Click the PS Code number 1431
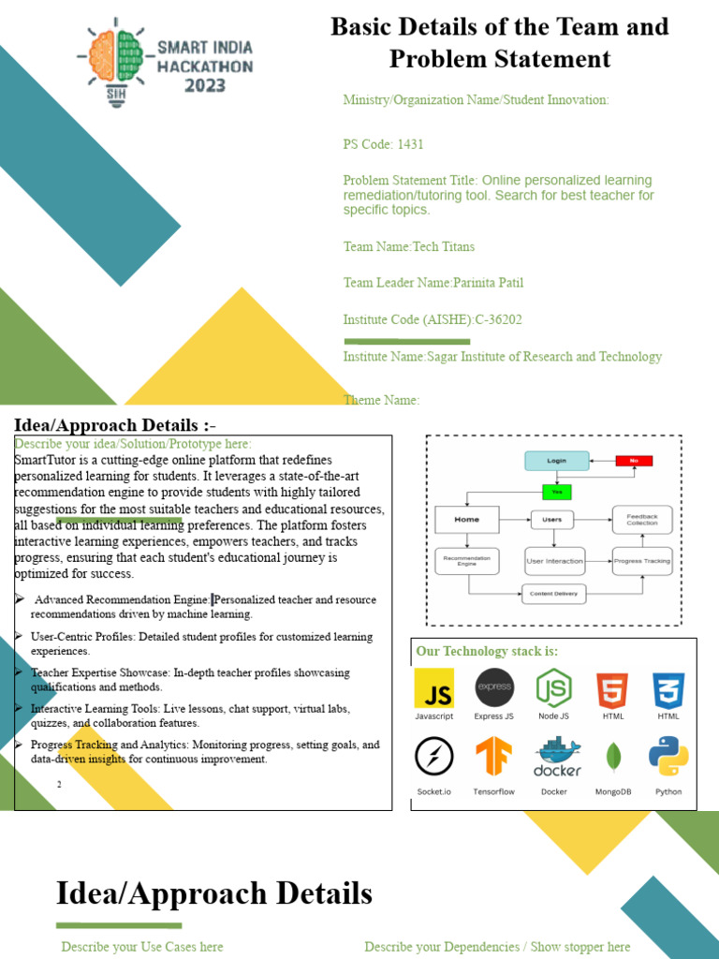410,144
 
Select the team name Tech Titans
444,246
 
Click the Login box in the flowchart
557,461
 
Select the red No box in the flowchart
634,461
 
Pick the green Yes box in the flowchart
557,492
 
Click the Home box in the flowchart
467,519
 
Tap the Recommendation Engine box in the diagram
467,561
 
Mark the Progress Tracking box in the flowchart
642,561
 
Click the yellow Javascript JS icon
434,688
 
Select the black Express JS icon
494,688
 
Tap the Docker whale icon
556,757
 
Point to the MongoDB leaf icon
614,757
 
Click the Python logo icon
669,757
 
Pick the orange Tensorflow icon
493,757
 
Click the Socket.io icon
434,757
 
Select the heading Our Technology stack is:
486,651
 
